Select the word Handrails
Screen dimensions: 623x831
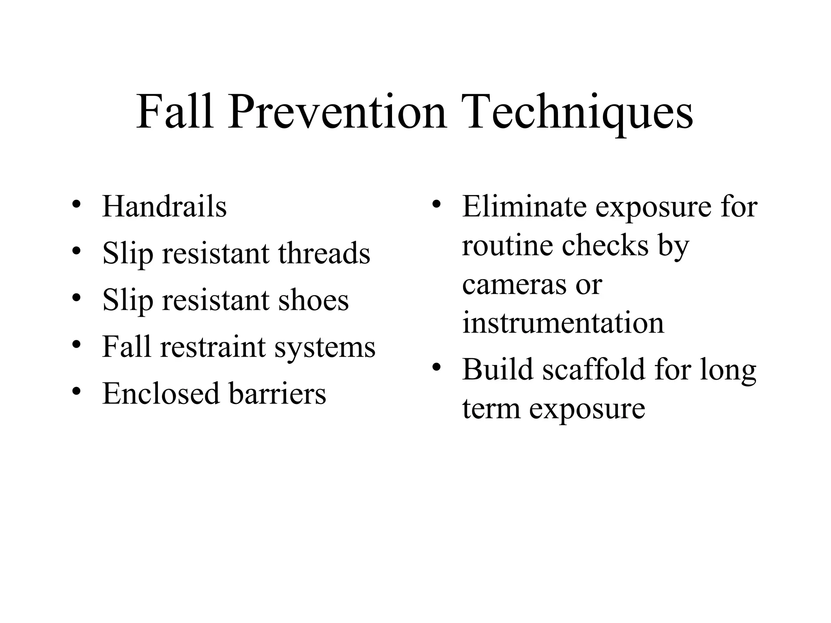(164, 206)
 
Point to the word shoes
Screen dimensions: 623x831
(313, 300)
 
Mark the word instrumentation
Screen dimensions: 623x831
(563, 323)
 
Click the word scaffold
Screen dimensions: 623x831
(594, 370)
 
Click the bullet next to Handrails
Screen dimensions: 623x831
(76, 204)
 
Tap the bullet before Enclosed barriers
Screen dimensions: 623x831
(76, 391)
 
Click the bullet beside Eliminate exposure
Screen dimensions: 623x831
(436, 204)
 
